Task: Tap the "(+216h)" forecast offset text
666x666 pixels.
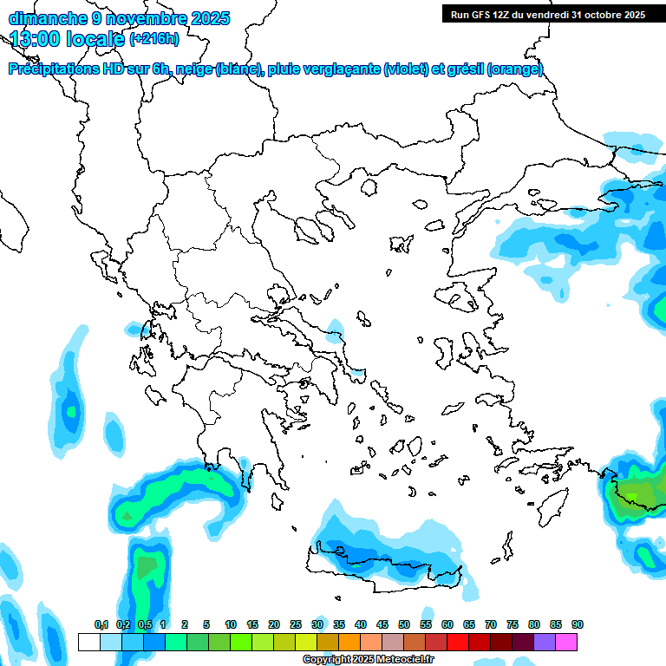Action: click(153, 38)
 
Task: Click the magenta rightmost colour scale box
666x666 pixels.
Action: click(566, 643)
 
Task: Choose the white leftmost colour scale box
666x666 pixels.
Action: click(88, 643)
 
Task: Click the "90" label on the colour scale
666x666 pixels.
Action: click(577, 625)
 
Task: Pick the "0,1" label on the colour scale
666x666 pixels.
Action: click(101, 625)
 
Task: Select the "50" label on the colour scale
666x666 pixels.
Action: click(404, 625)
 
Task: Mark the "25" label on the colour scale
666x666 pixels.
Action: click(296, 625)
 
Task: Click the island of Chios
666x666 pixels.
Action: click(446, 351)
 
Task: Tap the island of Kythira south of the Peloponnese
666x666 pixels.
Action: click(278, 502)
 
